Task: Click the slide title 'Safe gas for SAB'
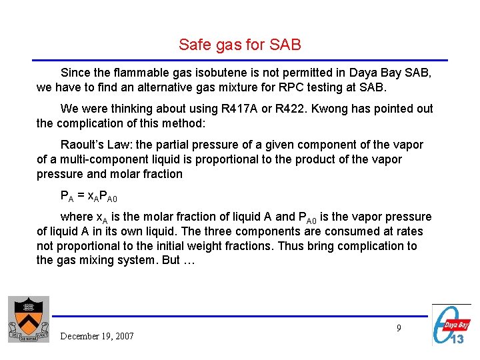pyautogui.click(x=240, y=45)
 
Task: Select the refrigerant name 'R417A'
pyautogui.click(x=240, y=109)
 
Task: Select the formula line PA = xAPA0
pyautogui.click(x=89, y=196)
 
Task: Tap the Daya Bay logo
pyautogui.click(x=451, y=325)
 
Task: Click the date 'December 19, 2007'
pyautogui.click(x=97, y=336)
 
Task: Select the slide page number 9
pyautogui.click(x=399, y=328)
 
